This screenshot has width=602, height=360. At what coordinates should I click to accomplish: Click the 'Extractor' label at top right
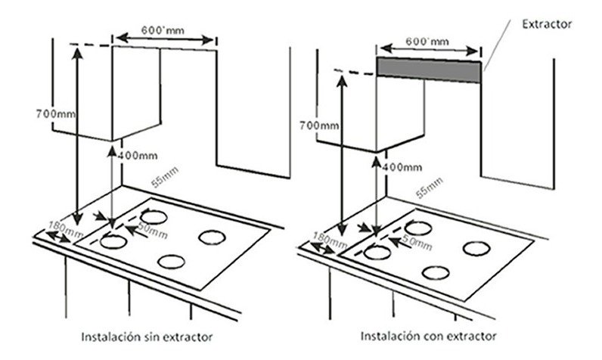click(x=547, y=24)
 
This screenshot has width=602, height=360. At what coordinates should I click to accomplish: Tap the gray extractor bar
click(x=429, y=70)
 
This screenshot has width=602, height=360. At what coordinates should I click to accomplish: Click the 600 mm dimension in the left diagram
click(x=163, y=30)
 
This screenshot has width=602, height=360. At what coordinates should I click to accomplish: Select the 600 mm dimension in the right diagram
click(x=427, y=41)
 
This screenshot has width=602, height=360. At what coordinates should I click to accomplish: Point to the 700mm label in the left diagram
click(x=56, y=114)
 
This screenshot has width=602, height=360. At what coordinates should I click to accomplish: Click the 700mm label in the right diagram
click(x=319, y=126)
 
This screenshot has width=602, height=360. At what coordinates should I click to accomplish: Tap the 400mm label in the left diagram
click(x=138, y=156)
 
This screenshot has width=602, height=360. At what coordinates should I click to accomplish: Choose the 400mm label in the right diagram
click(x=402, y=167)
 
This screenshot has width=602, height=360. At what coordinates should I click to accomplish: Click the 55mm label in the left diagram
click(x=165, y=177)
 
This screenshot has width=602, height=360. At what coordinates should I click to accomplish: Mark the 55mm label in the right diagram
click(x=430, y=188)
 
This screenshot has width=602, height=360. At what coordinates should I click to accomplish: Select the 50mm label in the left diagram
click(x=153, y=230)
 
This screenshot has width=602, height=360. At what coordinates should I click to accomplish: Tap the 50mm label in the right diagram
click(x=417, y=241)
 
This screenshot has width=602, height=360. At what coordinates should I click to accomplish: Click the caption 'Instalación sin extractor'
click(x=147, y=337)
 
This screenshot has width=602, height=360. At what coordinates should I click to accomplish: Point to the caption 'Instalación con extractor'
click(x=429, y=337)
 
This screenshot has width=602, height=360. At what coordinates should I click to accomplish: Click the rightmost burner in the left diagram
click(x=212, y=237)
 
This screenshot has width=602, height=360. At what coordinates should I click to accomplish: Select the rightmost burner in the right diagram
click(x=476, y=249)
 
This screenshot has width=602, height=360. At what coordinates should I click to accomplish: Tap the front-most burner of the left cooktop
click(x=171, y=262)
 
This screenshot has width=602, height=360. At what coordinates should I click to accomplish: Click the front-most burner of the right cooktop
click(x=436, y=273)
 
